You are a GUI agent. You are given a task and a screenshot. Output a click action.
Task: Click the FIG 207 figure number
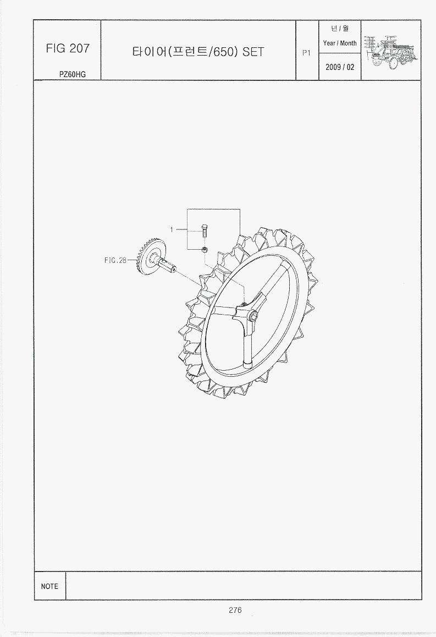(x=68, y=48)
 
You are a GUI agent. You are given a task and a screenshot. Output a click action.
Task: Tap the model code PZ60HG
(x=73, y=74)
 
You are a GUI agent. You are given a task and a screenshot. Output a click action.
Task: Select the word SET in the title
(x=253, y=52)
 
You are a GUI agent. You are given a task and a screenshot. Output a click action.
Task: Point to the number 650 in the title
(x=223, y=52)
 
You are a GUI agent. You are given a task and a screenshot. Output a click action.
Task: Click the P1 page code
(x=306, y=53)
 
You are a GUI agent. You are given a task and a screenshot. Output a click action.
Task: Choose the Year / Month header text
(x=340, y=43)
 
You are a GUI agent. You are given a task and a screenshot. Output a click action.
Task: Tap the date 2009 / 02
(x=340, y=67)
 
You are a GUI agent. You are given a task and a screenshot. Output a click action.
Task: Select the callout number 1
(x=172, y=230)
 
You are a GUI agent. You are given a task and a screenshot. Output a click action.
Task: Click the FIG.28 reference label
(x=115, y=260)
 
